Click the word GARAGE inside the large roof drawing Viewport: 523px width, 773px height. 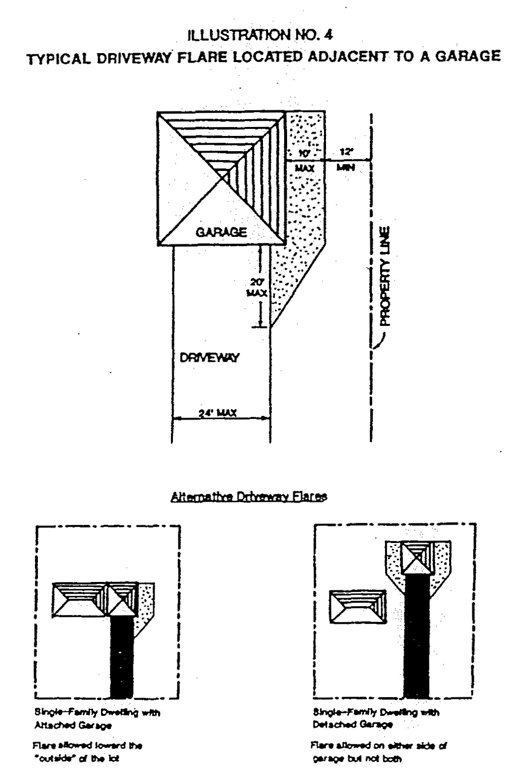click(x=222, y=232)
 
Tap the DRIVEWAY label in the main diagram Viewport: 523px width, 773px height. click(x=209, y=357)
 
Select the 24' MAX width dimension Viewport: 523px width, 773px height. click(x=217, y=414)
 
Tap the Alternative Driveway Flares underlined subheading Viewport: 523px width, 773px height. click(x=249, y=497)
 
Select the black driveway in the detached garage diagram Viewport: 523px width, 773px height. click(x=416, y=635)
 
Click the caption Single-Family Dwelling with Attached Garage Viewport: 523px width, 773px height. click(x=97, y=718)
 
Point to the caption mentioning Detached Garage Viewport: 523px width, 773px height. click(x=376, y=718)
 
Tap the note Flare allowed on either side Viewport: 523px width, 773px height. click(x=379, y=752)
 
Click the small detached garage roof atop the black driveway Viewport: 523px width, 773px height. click(x=417, y=557)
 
